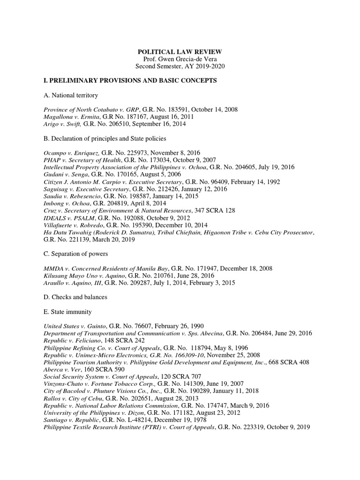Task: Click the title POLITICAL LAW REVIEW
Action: pos(180,51)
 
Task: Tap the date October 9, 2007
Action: pos(178,160)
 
